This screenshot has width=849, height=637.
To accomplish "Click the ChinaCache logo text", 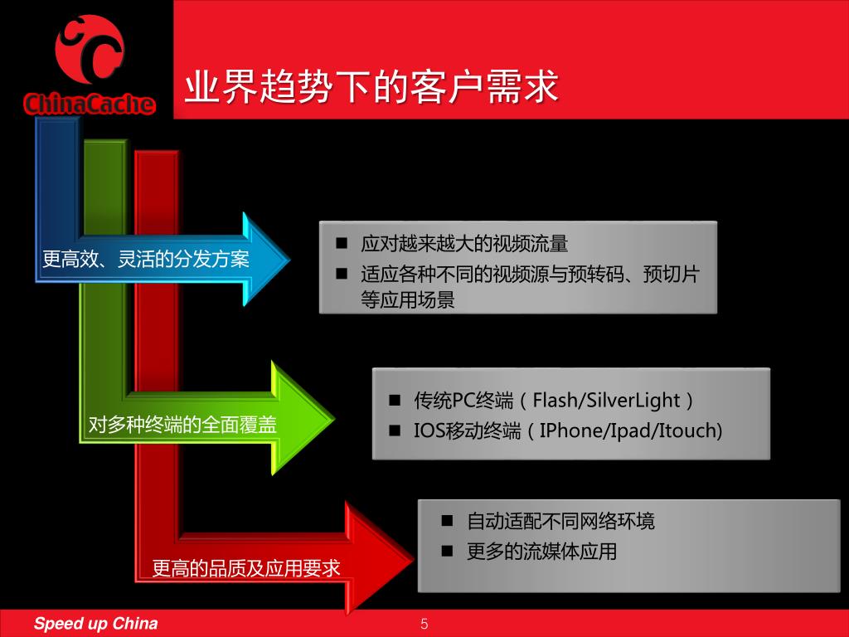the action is tap(90, 104).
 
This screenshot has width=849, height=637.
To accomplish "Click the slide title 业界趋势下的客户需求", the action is tap(371, 87).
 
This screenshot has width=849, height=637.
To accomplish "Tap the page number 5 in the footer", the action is tap(424, 624).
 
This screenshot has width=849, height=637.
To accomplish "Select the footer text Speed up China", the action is tap(95, 624).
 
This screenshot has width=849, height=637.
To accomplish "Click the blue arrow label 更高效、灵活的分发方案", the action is tap(146, 260).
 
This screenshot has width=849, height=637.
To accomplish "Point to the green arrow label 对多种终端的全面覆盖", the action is tap(182, 425).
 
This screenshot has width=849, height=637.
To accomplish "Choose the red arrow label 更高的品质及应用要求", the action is tap(246, 568).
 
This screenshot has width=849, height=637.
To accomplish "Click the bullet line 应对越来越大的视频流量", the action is tap(464, 244).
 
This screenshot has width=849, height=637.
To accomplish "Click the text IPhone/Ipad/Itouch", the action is tap(631, 430).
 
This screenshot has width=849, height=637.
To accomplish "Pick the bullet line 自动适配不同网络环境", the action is tap(560, 521).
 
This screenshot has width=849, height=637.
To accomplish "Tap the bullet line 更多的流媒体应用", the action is tap(541, 551).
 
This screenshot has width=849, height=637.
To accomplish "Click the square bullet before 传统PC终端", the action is tap(395, 401).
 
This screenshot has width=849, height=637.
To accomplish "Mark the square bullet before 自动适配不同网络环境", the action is tap(448, 521).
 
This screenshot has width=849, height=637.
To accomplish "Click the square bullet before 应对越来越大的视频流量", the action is tap(341, 244).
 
